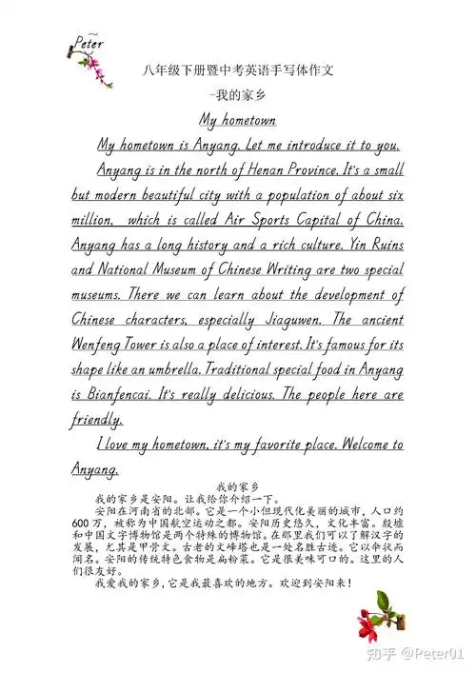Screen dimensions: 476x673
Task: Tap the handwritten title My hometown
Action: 237,121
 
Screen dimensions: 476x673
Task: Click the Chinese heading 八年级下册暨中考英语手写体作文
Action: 237,70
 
